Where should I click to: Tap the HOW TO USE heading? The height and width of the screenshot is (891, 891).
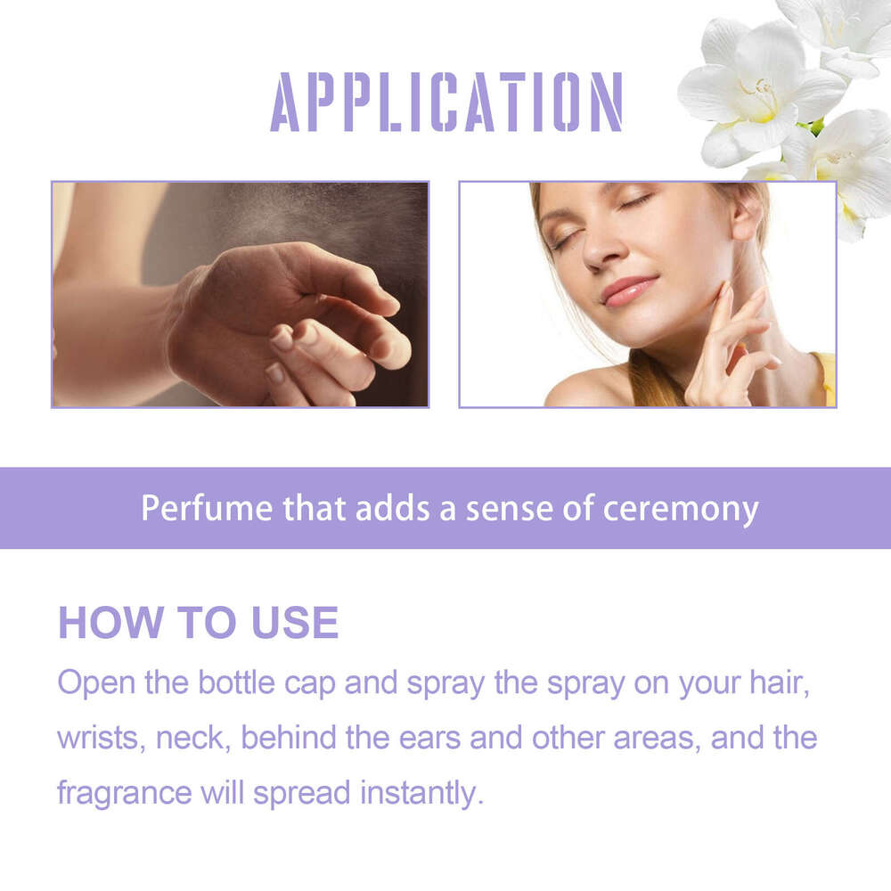coord(198,623)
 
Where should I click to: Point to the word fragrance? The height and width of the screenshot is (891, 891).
coord(124,792)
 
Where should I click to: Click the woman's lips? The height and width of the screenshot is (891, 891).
coord(627,291)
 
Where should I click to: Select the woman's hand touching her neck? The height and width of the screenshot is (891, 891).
coord(726,347)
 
